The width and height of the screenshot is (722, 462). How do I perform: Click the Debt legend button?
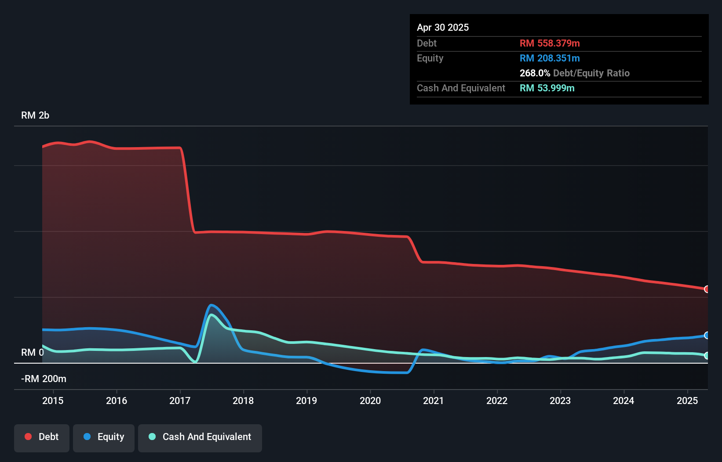point(42,437)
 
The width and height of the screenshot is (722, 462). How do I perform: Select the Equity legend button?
point(104,437)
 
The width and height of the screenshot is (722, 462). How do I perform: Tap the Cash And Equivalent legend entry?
point(200,437)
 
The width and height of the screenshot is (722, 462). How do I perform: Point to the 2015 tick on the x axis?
point(53,401)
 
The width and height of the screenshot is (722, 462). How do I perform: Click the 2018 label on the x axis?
point(243,401)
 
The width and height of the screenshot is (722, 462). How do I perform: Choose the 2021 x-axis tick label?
point(434,401)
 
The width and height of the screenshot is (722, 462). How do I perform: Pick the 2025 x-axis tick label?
point(687,401)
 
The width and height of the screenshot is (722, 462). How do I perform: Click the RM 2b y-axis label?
point(35,115)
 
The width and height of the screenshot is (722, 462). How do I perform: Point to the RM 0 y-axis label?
point(32,353)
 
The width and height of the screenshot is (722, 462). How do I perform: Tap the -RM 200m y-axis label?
point(44,379)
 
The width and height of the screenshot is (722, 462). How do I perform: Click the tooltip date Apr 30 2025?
point(443,28)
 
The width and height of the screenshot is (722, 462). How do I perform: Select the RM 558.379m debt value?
point(550,43)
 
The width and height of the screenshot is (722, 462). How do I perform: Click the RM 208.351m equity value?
point(550,58)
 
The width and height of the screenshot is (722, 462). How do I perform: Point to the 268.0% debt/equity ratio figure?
point(535,73)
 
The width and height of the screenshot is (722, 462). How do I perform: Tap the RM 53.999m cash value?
point(547,88)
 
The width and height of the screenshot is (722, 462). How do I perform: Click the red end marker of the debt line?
point(707,289)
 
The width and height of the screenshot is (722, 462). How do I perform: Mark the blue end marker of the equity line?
point(707,336)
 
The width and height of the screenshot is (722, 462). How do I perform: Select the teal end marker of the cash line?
point(707,356)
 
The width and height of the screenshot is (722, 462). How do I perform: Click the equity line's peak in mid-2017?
point(211,305)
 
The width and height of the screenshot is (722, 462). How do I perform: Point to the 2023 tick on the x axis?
point(560,401)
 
